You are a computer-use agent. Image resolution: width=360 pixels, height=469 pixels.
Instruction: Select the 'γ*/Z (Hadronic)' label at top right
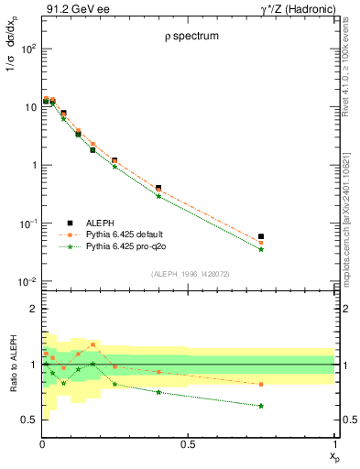pyautogui.click(x=294, y=9)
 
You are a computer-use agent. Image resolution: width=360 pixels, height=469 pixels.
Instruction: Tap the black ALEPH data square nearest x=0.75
pyautogui.click(x=261, y=236)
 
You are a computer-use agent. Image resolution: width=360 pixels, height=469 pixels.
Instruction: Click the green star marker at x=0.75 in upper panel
pyautogui.click(x=261, y=249)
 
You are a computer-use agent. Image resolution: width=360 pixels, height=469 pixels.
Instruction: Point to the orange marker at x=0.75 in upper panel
pyautogui.click(x=261, y=243)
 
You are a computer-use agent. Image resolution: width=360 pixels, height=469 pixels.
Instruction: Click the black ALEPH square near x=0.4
pyautogui.click(x=158, y=188)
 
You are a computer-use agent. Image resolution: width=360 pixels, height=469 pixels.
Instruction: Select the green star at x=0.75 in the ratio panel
pyautogui.click(x=261, y=406)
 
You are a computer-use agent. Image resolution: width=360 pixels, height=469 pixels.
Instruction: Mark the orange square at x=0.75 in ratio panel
pyautogui.click(x=261, y=385)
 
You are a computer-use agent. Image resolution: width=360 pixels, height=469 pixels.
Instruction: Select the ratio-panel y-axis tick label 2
pyautogui.click(x=32, y=310)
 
